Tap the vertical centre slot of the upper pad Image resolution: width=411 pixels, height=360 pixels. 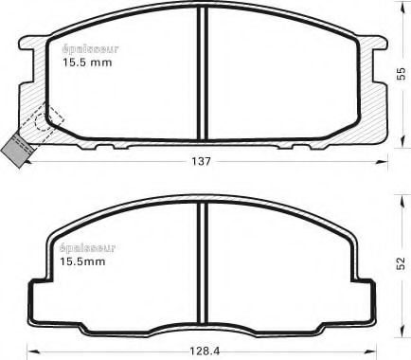pos(202,76)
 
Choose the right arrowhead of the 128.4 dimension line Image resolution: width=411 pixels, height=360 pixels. pos(382,350)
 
